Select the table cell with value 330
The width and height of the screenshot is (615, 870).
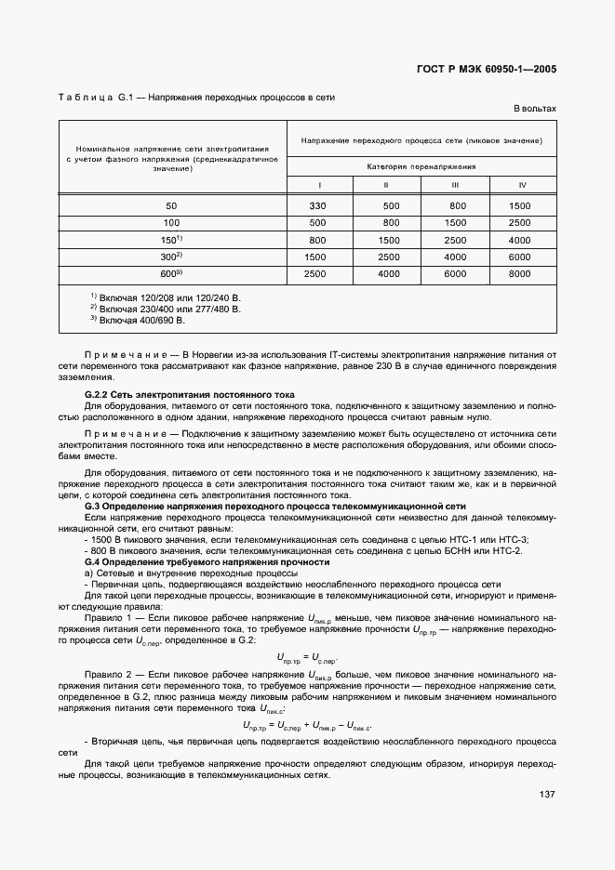[318, 205]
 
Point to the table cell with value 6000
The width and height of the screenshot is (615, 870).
[456, 274]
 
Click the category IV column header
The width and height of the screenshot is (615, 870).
[522, 183]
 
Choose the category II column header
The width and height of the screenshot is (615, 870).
[385, 183]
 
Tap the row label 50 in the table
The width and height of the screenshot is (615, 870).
[171, 205]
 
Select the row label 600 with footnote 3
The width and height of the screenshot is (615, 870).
[170, 273]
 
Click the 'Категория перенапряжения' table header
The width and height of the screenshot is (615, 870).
[421, 166]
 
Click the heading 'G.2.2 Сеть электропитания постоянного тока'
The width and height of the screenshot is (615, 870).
[189, 395]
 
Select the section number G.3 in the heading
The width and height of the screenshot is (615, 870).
[92, 507]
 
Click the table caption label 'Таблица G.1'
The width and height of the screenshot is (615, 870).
[86, 97]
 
